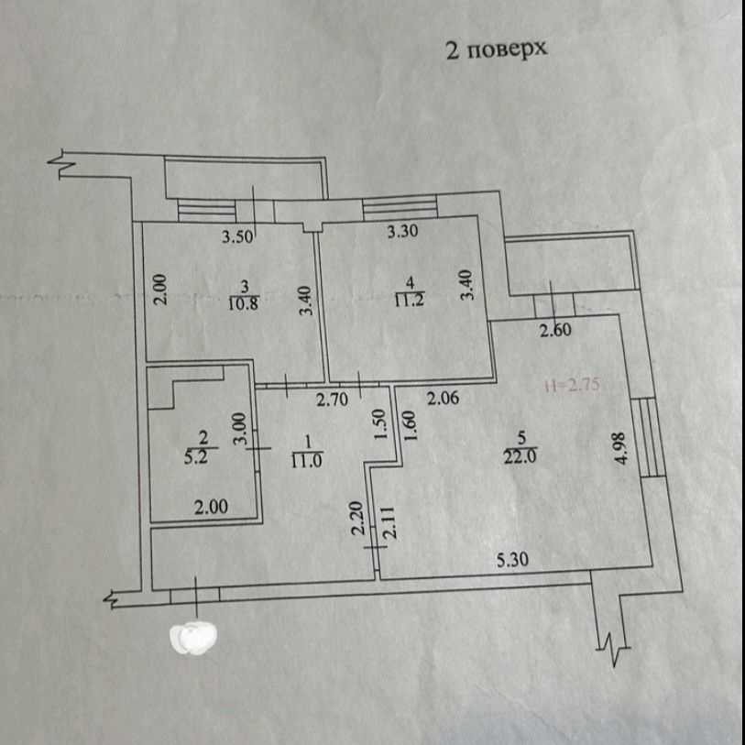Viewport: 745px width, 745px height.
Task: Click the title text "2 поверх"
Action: click(497, 49)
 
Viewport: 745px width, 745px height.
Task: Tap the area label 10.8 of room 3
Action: click(243, 303)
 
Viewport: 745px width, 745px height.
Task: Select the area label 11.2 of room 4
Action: click(410, 300)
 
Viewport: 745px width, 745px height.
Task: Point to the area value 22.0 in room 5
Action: click(520, 456)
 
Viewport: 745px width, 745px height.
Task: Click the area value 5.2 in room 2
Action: click(196, 457)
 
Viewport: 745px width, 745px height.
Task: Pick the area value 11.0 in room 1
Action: click(307, 460)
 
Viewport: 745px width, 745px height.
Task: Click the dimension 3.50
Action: click(237, 236)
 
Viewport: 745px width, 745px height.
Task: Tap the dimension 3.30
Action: click(402, 231)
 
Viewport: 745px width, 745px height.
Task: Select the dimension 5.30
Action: click(512, 560)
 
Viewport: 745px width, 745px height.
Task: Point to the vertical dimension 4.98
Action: click(621, 447)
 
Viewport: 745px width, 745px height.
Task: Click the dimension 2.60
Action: click(555, 329)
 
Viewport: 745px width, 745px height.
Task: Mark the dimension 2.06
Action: click(443, 398)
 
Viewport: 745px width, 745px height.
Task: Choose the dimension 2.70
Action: click(332, 400)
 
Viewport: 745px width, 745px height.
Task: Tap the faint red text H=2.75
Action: click(573, 384)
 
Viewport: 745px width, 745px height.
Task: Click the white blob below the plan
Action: click(193, 637)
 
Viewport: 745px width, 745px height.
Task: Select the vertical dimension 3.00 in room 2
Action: click(240, 428)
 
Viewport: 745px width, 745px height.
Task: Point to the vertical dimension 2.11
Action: click(389, 522)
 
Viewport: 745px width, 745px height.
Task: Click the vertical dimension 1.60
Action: click(411, 426)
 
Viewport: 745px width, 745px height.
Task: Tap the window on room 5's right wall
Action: click(649, 437)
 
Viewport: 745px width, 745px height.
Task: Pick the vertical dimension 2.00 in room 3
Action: click(161, 289)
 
